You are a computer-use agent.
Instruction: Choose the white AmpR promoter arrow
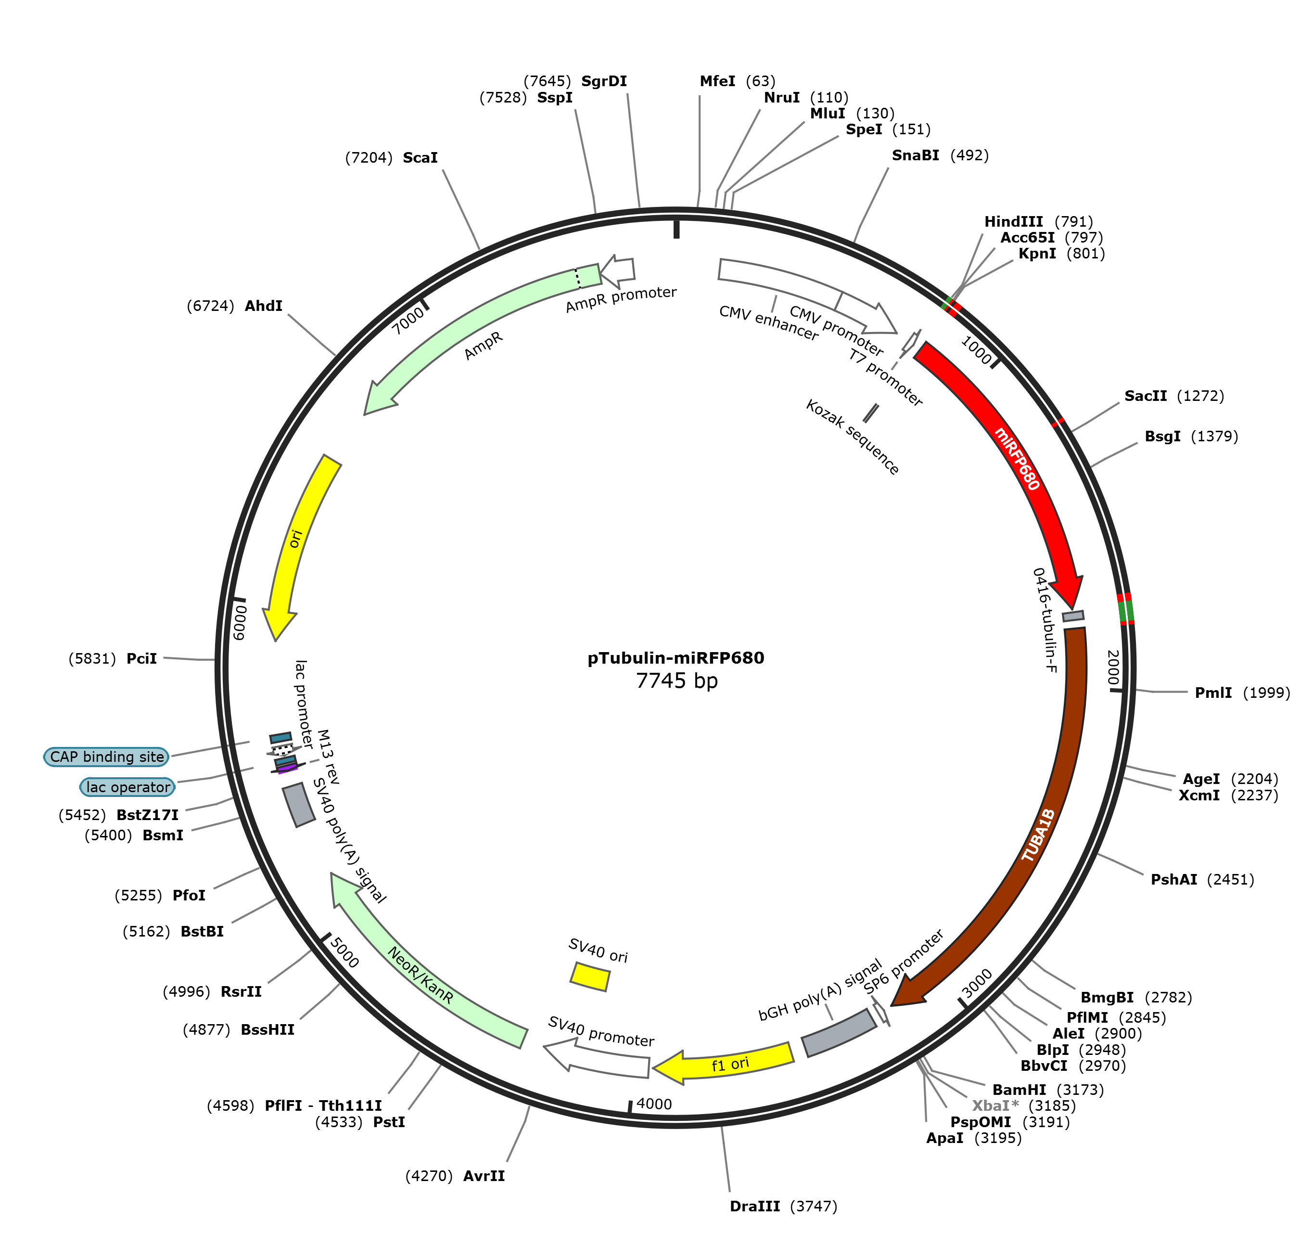click(618, 270)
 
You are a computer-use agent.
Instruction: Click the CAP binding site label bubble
click(106, 757)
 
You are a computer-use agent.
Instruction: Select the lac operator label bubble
click(127, 787)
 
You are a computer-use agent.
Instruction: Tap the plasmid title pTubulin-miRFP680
click(676, 658)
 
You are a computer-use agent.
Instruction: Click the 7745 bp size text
click(676, 681)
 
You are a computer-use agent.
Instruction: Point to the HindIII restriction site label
click(1013, 221)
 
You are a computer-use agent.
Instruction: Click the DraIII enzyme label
click(754, 1207)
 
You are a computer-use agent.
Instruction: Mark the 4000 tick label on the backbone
click(654, 1104)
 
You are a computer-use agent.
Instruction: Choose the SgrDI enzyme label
click(604, 81)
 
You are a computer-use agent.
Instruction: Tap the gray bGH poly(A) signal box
click(839, 1033)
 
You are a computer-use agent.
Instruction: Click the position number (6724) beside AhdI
click(210, 306)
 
